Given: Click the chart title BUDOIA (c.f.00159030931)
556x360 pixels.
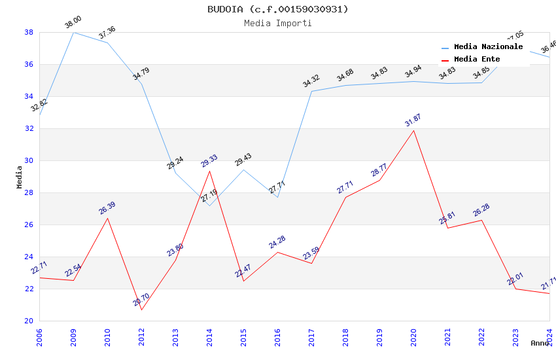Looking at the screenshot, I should [x=278, y=9].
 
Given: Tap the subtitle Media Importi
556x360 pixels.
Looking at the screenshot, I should [x=278, y=24].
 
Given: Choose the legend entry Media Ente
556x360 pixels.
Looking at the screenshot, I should [x=477, y=60].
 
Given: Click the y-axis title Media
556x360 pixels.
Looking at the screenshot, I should [x=20, y=177].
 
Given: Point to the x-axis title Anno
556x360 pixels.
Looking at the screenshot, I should [x=540, y=343].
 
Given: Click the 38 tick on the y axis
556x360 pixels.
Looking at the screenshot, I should [x=29, y=32].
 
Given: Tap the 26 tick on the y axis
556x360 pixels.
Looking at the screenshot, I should [x=29, y=225].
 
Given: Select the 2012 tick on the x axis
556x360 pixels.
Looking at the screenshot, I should [x=142, y=337].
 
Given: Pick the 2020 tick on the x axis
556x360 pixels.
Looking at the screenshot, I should [x=414, y=337].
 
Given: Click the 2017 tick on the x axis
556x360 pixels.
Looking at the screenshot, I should [x=312, y=337].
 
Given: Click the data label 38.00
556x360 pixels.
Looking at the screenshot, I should [x=73, y=24].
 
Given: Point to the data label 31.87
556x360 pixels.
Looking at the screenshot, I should [x=413, y=121].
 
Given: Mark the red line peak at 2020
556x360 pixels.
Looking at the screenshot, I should [x=413, y=130].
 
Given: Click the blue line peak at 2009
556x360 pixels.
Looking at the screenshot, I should [x=73, y=32].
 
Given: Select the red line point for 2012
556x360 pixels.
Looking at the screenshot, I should [x=141, y=310].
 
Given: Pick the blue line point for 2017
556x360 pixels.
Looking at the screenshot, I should [x=311, y=91].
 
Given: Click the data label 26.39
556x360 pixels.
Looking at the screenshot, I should [x=107, y=208].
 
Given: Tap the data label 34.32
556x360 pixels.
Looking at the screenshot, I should [x=311, y=82].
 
